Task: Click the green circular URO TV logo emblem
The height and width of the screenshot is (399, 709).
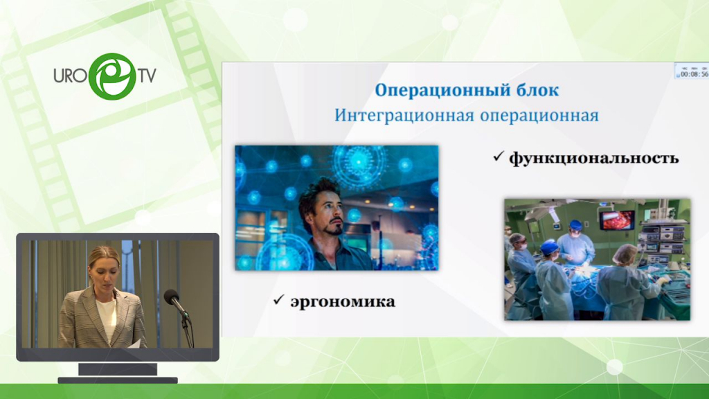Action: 112,76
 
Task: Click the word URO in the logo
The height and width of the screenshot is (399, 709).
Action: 70,76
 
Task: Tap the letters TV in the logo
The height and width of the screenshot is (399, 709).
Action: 147,76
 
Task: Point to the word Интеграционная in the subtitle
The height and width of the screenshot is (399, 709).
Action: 404,116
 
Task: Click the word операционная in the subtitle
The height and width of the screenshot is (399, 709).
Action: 539,116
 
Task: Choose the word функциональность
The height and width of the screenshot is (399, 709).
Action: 593,159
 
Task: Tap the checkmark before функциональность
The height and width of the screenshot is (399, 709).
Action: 499,157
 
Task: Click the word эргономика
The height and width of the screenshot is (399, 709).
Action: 343,302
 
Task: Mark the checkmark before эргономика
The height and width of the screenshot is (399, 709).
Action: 278,299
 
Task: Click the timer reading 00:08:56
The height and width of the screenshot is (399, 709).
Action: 694,74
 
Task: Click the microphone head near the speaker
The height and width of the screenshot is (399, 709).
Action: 172,297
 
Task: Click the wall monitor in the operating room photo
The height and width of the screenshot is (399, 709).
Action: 617,220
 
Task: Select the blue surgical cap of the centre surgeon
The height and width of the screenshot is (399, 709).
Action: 575,225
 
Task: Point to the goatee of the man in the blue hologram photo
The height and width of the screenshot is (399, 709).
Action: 334,228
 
